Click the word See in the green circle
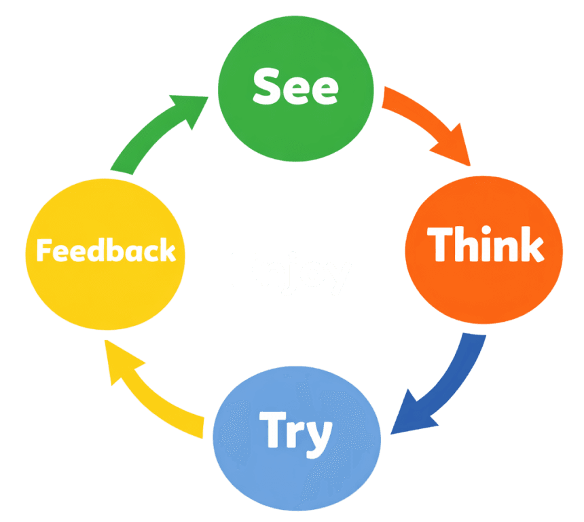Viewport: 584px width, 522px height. (295, 88)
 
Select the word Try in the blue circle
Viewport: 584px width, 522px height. (296, 432)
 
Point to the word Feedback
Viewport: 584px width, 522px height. (106, 250)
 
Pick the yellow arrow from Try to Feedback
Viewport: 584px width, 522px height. (153, 394)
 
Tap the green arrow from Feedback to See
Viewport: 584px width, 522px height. (153, 136)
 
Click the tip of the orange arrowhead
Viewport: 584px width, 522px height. (469, 165)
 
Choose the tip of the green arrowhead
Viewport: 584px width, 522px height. (208, 97)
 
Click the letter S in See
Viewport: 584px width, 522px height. (267, 87)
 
